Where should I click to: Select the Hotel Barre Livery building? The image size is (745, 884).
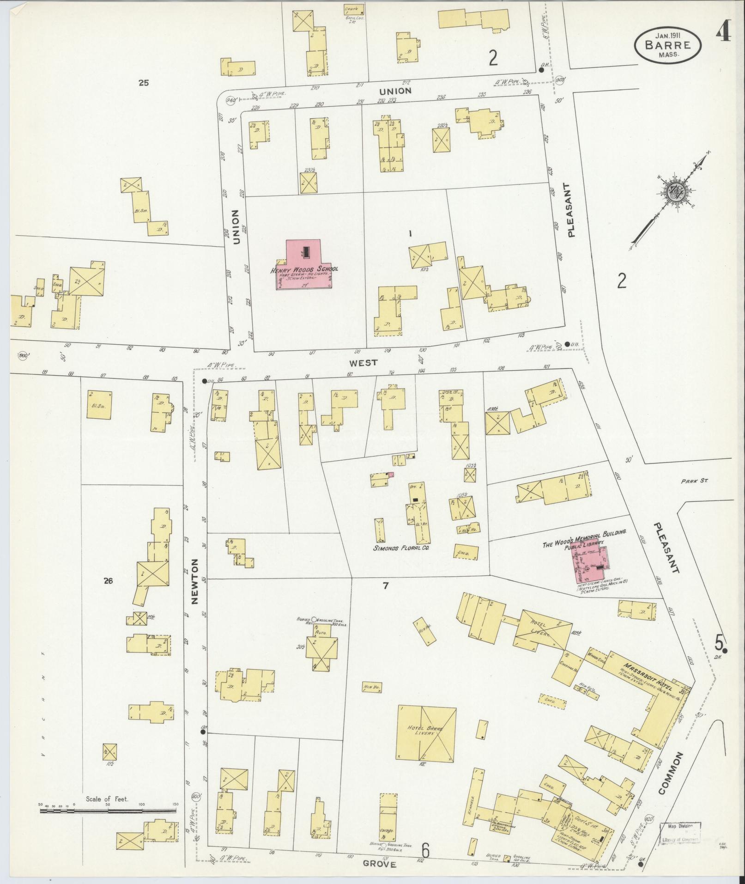coord(427,733)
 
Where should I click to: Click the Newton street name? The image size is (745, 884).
coord(194,581)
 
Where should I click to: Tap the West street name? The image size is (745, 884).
coord(364,363)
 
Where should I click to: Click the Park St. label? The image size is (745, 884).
coord(694,481)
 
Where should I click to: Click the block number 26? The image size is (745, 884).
coord(108,581)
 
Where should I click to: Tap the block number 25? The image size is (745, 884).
coord(144,83)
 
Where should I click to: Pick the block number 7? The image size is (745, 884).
coord(385,586)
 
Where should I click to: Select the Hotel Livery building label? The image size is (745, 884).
coord(538,628)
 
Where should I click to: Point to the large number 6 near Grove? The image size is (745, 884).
coord(425,849)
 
